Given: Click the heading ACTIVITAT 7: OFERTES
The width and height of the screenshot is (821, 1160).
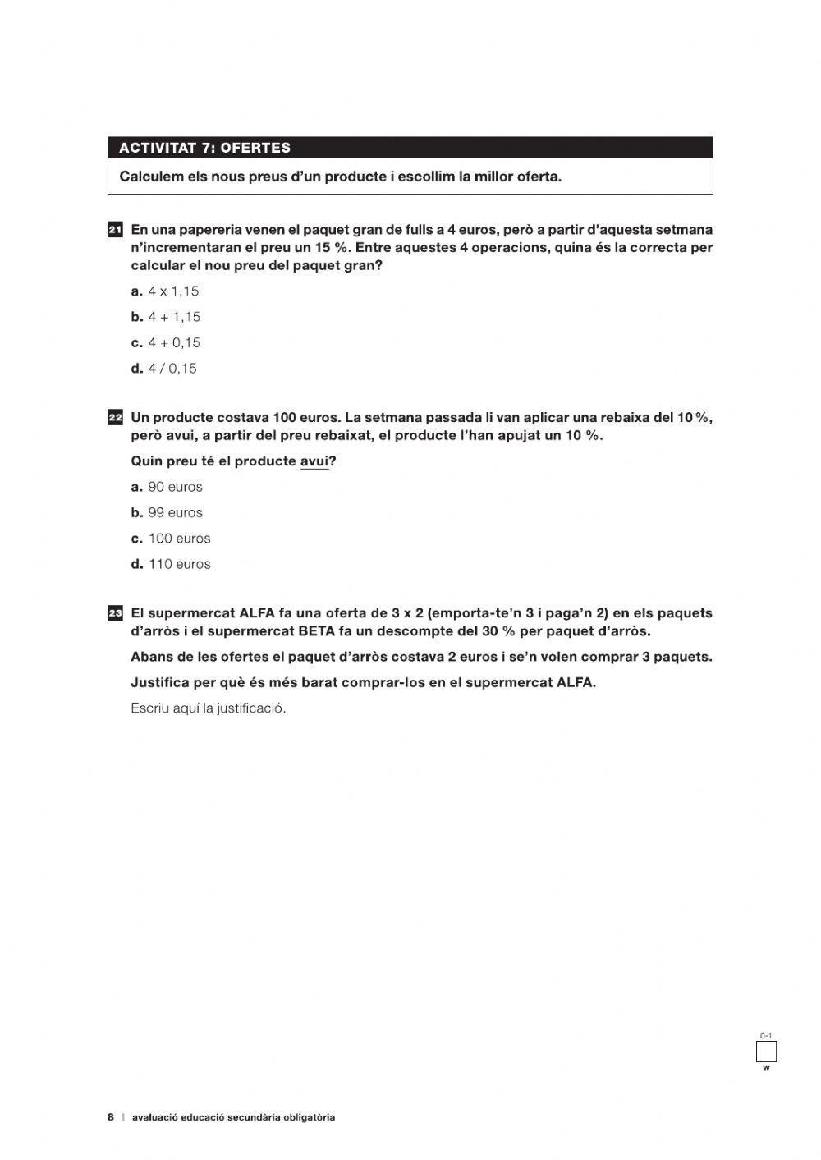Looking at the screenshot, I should click(204, 148).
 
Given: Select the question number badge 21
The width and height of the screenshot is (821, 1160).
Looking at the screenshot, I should click(115, 230).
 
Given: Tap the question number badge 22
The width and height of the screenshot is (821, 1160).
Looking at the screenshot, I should click(115, 418).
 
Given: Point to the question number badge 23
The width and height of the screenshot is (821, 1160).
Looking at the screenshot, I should click(115, 613).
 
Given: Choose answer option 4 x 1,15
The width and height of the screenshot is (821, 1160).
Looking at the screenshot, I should click(172, 291).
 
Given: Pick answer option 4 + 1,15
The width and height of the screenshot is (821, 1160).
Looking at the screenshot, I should click(173, 317).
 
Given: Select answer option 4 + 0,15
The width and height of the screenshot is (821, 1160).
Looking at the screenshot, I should click(173, 343).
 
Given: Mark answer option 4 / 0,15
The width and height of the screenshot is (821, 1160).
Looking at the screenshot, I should click(172, 369).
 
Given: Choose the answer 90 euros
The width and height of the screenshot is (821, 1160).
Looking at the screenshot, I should click(174, 487).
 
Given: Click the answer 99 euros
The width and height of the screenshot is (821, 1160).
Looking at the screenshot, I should click(174, 513).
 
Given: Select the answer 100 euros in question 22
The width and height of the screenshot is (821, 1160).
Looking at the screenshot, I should click(178, 539).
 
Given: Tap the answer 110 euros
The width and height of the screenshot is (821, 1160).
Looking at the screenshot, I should click(178, 565).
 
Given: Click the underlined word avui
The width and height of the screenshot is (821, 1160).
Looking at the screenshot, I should click(314, 461).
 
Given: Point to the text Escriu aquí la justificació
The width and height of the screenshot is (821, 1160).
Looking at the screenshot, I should click(209, 708).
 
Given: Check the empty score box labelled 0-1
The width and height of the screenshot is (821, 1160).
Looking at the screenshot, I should click(766, 1052).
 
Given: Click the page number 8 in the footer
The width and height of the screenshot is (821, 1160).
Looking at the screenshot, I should click(111, 1117).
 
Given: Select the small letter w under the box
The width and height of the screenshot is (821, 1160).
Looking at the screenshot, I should click(766, 1068).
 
